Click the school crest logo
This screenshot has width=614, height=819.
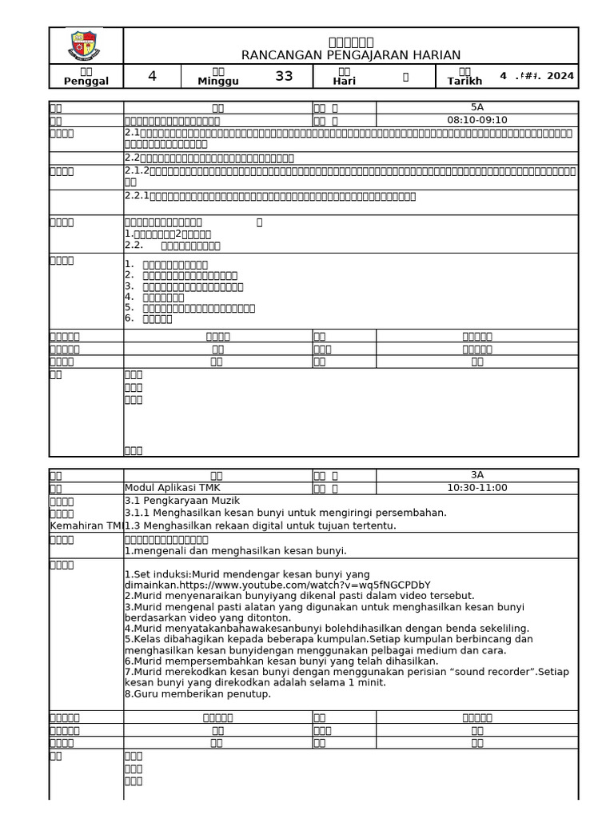[84, 46]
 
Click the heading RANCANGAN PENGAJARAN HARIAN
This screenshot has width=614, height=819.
[351, 55]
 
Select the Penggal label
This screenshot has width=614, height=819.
[86, 82]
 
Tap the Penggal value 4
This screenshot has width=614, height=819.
[153, 77]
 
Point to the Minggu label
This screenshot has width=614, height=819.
[218, 82]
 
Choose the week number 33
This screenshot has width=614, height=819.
[284, 77]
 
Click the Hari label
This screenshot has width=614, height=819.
[345, 82]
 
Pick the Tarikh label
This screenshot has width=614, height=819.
[464, 82]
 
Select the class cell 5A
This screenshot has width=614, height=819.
[476, 107]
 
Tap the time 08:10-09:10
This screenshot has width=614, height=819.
[476, 120]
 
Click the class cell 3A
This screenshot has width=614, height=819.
[476, 475]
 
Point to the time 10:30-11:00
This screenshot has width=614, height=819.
[476, 488]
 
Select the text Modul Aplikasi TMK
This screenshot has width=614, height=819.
[173, 488]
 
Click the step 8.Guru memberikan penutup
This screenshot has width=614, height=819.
[197, 693]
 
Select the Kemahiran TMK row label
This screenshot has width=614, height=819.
[86, 525]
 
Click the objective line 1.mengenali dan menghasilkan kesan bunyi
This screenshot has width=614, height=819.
[235, 551]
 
